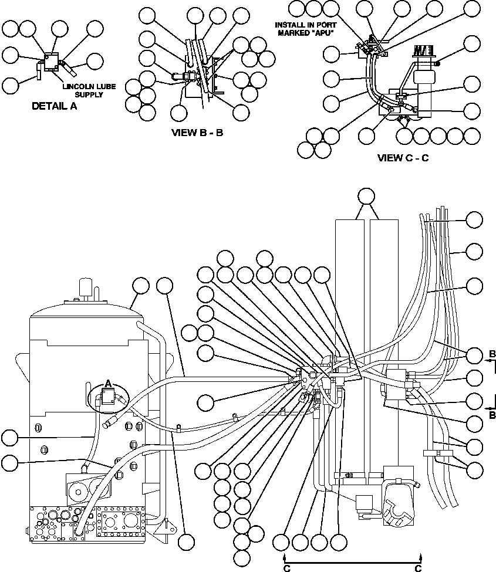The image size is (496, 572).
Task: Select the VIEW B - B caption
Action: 197,133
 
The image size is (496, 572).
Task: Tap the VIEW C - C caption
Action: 403,157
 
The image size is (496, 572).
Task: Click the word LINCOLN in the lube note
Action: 79,87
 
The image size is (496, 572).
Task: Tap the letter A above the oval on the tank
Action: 107,383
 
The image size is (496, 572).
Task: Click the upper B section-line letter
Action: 492,353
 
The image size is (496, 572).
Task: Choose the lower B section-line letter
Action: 492,415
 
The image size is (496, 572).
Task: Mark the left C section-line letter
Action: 286,568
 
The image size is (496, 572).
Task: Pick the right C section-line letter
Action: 419,568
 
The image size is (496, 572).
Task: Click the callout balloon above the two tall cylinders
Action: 367,196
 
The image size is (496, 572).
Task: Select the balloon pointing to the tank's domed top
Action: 141,286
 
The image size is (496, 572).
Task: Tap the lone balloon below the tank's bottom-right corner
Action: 188,542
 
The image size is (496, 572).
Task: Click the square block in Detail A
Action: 51,62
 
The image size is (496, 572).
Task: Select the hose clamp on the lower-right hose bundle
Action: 436,452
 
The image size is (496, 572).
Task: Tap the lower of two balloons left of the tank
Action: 9,462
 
